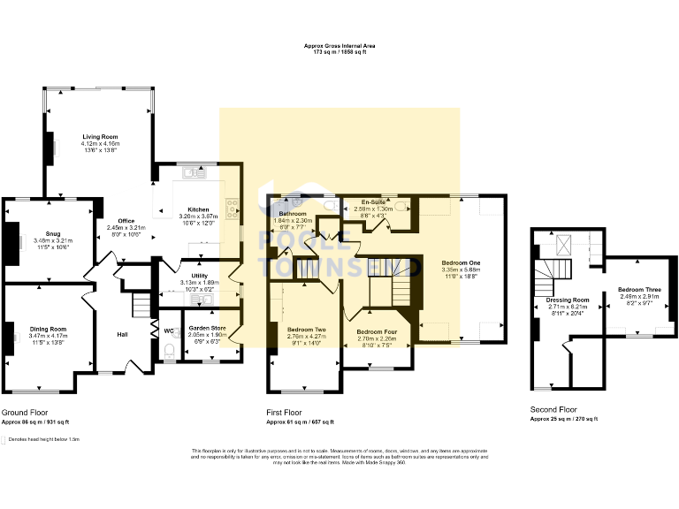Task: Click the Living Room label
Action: [101, 137]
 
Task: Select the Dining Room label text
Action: [47, 329]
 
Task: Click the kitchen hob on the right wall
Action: [233, 209]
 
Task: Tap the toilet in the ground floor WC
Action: [168, 350]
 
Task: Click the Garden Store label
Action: [207, 329]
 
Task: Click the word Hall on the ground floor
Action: [124, 334]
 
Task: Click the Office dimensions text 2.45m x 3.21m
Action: [126, 227]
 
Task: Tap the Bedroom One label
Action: [462, 263]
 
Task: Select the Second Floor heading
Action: [553, 410]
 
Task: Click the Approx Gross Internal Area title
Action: [339, 47]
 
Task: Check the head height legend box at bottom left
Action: [4, 438]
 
